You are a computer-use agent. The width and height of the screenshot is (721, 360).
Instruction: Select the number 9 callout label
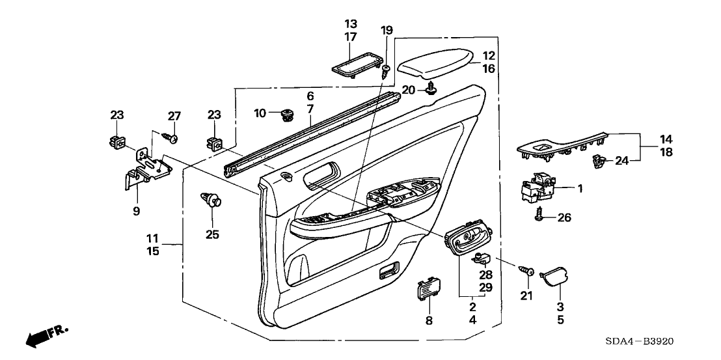tap(136, 210)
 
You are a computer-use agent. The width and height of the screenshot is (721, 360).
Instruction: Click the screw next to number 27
tap(171, 137)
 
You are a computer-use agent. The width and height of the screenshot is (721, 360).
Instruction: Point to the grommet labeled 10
tap(284, 115)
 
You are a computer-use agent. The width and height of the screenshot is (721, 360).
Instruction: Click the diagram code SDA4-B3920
tap(639, 342)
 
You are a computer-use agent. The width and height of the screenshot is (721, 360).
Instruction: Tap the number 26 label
tap(564, 217)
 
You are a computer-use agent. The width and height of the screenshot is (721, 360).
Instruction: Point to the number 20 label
tap(408, 89)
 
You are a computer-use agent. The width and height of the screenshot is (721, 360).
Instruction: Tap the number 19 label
tap(387, 30)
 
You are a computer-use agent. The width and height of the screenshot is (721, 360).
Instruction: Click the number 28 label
tap(486, 274)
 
